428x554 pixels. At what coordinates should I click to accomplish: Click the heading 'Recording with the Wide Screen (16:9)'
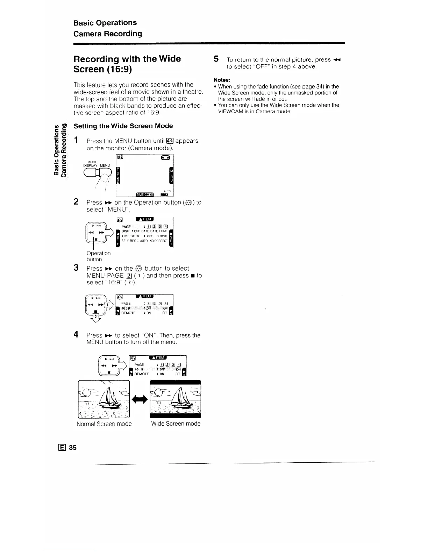point(127,64)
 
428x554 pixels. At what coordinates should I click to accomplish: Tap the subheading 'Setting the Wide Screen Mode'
point(123,126)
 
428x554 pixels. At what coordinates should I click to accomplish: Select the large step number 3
point(76,268)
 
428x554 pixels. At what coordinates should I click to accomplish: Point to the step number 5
point(216,59)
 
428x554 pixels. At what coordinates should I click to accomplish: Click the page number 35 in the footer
point(73,447)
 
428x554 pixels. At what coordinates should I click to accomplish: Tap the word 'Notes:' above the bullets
point(222,80)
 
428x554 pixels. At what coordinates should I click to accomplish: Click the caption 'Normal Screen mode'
point(104,424)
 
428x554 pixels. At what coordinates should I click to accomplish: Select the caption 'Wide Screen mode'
point(176,424)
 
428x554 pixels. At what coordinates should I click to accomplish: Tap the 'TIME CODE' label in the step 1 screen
point(144,195)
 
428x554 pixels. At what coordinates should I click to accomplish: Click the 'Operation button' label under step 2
point(98,256)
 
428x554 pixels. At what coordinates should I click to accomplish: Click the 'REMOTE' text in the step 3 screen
point(128,313)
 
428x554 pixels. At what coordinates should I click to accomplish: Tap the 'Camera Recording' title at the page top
point(108,34)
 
